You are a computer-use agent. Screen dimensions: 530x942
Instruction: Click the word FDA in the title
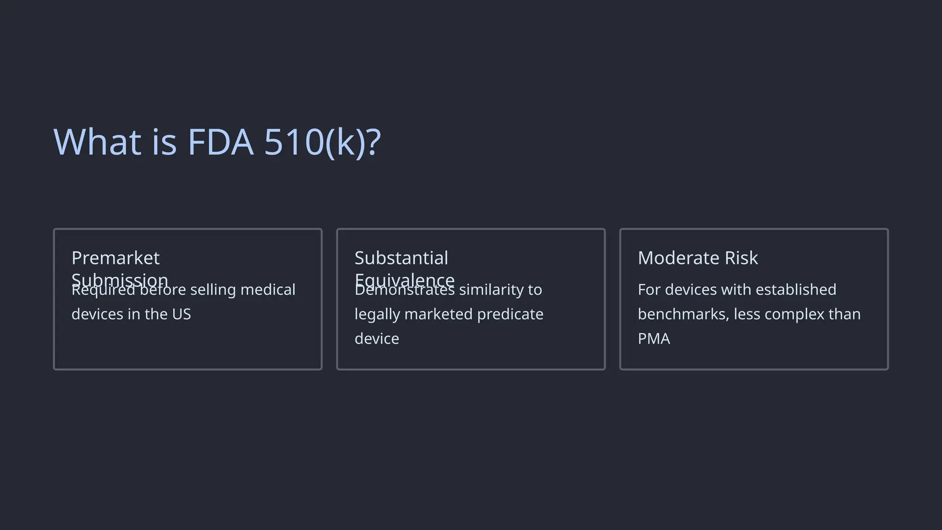pos(220,142)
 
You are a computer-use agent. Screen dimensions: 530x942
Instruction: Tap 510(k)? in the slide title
pos(322,142)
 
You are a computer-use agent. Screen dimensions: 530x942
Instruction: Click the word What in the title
pos(98,142)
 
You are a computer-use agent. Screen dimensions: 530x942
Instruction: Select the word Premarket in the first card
pos(115,258)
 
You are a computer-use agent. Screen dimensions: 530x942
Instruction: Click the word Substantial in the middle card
pos(401,258)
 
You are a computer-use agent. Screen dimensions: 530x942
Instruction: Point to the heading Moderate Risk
pos(697,258)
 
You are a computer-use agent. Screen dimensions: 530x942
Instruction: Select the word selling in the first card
pos(213,290)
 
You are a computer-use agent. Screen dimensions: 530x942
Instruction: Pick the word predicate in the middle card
pos(510,314)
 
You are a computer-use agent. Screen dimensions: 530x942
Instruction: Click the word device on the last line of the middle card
pos(377,339)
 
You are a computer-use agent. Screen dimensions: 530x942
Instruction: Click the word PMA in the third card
pos(654,339)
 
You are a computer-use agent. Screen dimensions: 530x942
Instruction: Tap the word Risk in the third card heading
pos(741,258)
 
